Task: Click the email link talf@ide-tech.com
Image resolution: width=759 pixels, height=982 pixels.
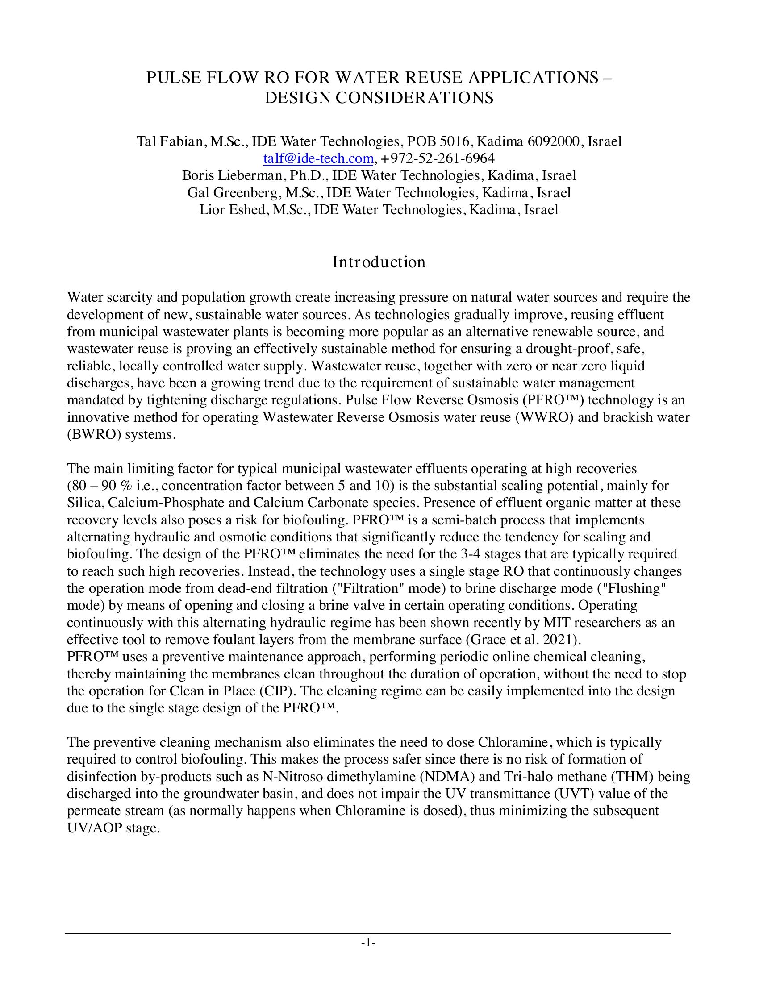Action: pos(318,158)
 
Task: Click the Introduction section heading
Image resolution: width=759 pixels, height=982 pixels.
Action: pos(379,262)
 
